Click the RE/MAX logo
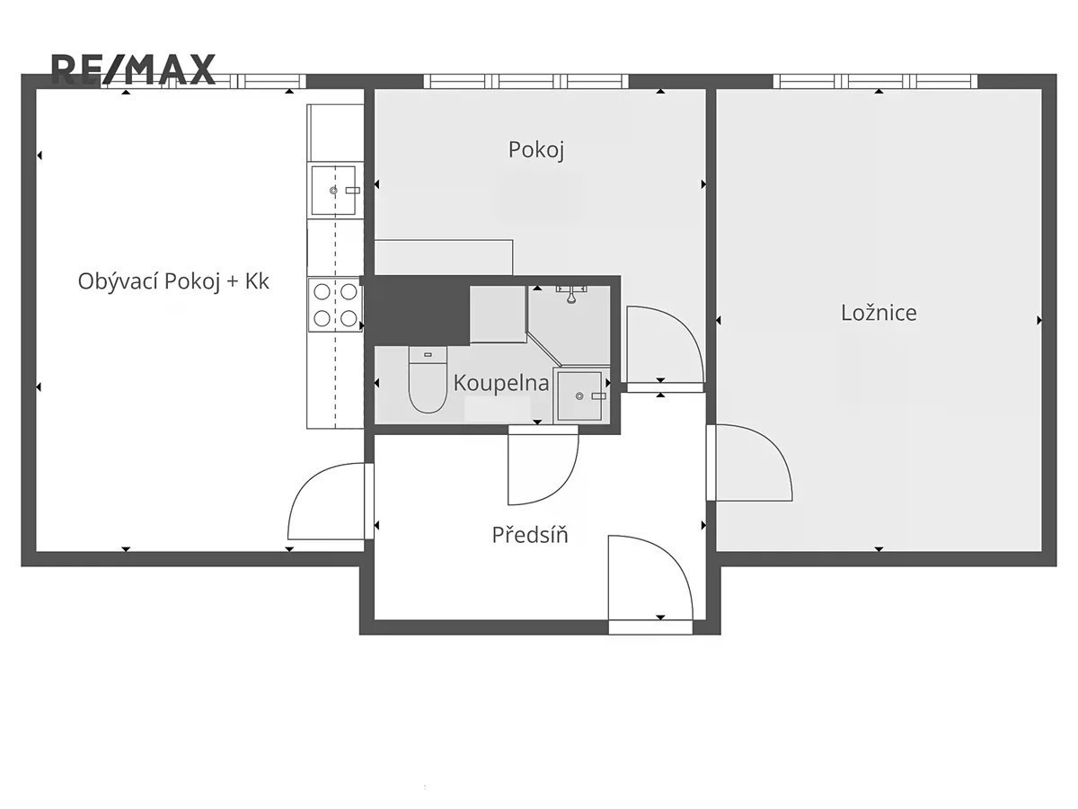pyautogui.click(x=133, y=69)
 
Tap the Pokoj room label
pyautogui.click(x=535, y=150)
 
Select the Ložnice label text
pyautogui.click(x=879, y=313)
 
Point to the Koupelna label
pyautogui.click(x=501, y=383)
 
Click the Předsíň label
pyautogui.click(x=530, y=535)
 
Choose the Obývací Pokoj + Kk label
pyautogui.click(x=173, y=281)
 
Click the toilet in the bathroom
pyautogui.click(x=428, y=379)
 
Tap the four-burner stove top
pyautogui.click(x=335, y=305)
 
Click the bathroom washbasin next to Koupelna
pyautogui.click(x=581, y=396)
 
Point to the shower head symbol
pyautogui.click(x=571, y=294)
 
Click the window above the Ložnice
pyautogui.click(x=875, y=81)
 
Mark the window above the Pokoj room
pyautogui.click(x=526, y=81)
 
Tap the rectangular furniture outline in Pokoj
pyautogui.click(x=444, y=257)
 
